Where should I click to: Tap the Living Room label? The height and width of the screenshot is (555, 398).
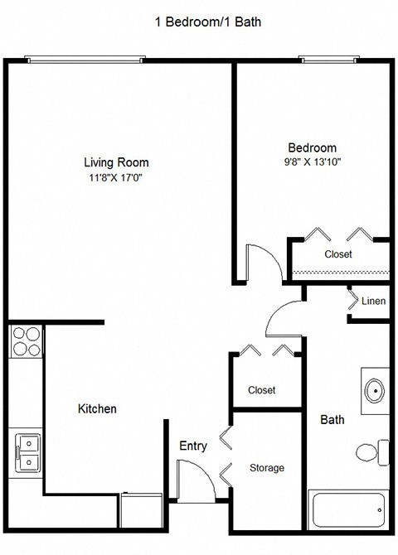coord(121,162)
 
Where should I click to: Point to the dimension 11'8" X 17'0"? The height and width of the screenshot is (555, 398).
coord(121,177)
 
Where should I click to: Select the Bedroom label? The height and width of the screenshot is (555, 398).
coord(312,147)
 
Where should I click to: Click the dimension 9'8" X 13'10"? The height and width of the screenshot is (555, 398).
coord(312,162)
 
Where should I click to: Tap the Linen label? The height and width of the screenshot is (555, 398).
coord(373,302)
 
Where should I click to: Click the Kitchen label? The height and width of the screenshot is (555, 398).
coord(97,409)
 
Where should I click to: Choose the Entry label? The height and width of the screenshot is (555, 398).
coord(193,446)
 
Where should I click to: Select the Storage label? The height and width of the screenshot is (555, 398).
coord(267,468)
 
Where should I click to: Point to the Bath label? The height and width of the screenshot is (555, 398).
coord(332,420)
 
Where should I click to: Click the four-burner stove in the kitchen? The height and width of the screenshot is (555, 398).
coord(25,341)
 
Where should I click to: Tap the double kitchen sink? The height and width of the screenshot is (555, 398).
coord(27,452)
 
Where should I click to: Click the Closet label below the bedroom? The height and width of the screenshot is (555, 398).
coord(337,254)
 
